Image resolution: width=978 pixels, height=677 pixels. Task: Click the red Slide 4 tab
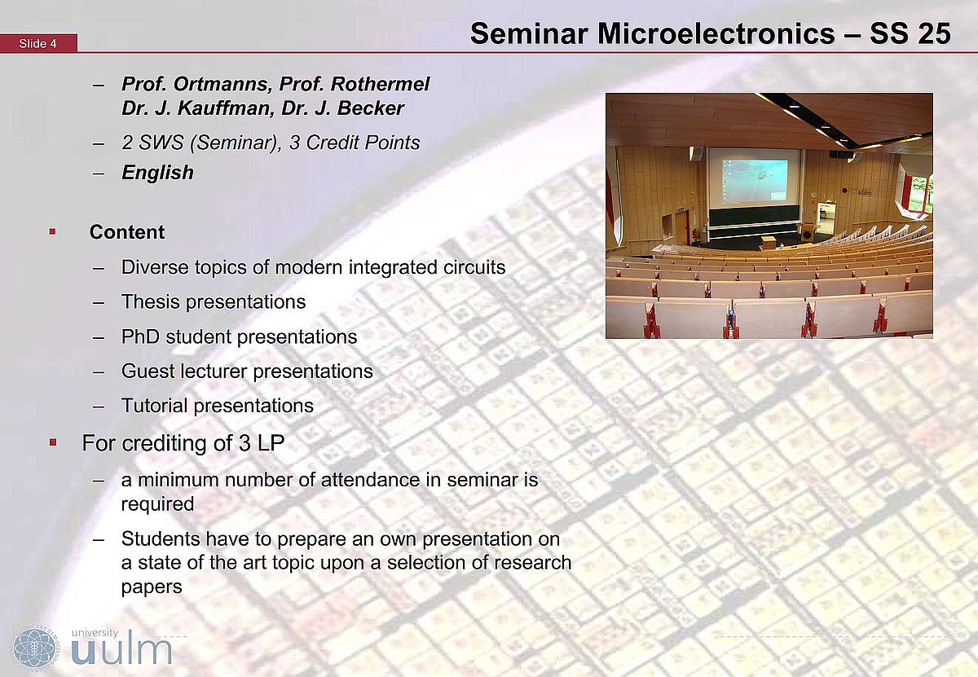coord(38,43)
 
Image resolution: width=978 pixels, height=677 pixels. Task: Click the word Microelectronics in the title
coord(716,33)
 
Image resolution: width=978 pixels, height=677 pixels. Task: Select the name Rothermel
coord(380,84)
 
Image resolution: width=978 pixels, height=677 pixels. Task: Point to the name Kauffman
coord(225,108)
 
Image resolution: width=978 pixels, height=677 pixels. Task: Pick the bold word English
coord(157,173)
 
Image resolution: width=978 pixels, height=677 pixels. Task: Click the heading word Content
coord(127,232)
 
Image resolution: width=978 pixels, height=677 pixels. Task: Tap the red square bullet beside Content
coord(52,231)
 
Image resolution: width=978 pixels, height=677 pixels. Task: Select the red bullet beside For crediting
coord(53,442)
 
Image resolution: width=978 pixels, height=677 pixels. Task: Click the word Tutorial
coord(155,406)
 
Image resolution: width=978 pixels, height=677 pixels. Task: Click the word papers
coord(152,587)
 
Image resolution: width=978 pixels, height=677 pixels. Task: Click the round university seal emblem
coord(34,648)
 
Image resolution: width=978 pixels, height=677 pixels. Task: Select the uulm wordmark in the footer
coord(121,647)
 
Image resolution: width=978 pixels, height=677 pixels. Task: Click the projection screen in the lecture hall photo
coord(754,178)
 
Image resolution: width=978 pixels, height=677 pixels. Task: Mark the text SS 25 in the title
coord(910,33)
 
